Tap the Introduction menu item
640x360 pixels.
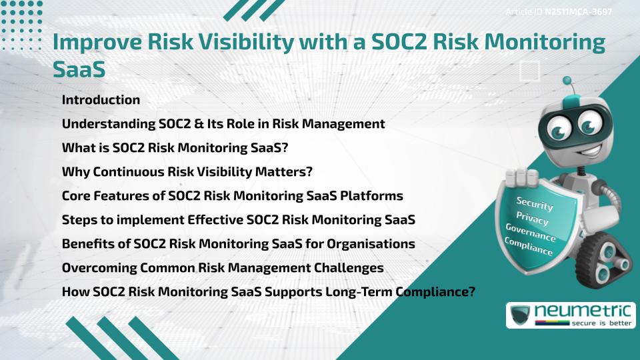click(x=101, y=100)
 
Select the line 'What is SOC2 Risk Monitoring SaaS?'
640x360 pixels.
click(x=175, y=148)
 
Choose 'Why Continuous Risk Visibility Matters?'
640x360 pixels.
click(x=187, y=172)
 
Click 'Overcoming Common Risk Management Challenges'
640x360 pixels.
click(x=223, y=268)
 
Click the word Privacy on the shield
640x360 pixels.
click(x=532, y=219)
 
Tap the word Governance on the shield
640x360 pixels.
click(x=530, y=233)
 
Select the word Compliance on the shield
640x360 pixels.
click(x=529, y=247)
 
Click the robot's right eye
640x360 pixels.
click(x=589, y=125)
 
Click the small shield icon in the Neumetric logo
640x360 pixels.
click(x=521, y=315)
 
